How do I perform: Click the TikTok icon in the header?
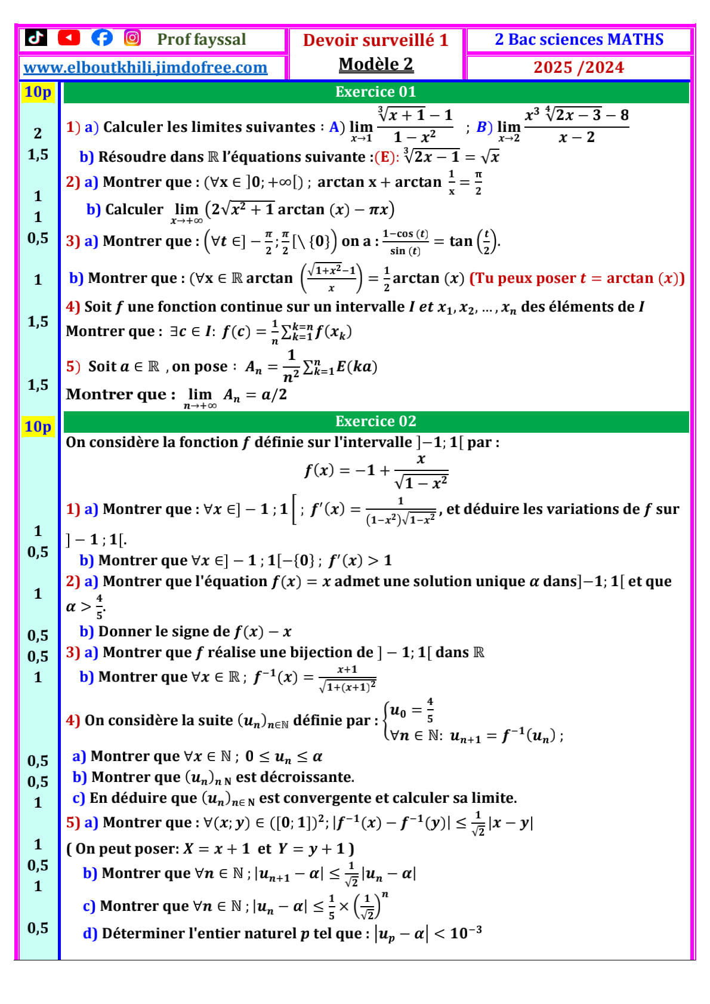pos(36,38)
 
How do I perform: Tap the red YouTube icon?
pos(69,38)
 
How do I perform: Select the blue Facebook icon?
pos(101,38)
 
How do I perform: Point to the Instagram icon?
pos(132,38)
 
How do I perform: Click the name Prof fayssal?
pos(201,39)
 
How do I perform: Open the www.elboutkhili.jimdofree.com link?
pos(145,67)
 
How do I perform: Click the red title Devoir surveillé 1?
pos(375,40)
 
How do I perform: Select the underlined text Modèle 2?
pos(376,64)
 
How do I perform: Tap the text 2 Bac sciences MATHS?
pos(579,39)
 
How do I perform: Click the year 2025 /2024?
pos(578,67)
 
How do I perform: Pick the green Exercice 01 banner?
pos(376,92)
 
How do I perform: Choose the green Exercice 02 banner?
pos(376,421)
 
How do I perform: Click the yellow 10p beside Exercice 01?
pos(38,92)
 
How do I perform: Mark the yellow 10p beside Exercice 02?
pos(38,427)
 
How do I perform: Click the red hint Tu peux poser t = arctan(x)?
pos(577,278)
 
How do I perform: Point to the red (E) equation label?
pos(385,157)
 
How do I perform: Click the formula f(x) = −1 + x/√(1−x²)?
pos(376,471)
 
